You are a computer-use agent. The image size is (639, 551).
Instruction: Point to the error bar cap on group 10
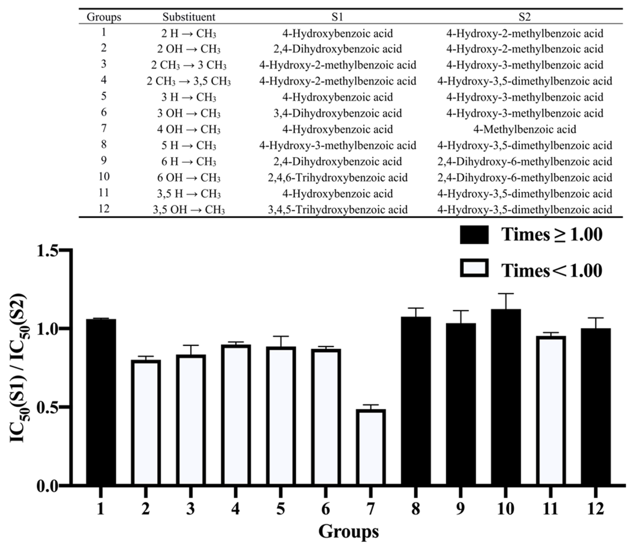506,293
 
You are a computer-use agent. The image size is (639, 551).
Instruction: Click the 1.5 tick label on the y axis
47,251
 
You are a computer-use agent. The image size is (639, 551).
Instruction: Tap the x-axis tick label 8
415,509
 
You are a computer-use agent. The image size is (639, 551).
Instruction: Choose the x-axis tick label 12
596,509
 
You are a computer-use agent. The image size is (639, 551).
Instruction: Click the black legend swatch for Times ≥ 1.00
474,235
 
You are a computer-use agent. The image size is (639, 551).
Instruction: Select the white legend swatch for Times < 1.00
474,268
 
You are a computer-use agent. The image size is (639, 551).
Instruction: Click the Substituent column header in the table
189,17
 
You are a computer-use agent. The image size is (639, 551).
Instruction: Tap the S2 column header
524,17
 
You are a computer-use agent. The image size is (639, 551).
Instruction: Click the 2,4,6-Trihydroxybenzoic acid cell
337,178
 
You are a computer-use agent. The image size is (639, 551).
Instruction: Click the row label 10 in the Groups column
104,177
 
